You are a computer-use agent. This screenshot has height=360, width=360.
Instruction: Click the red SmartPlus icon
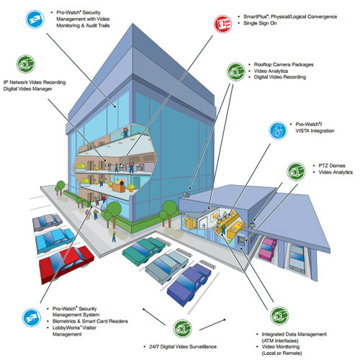click(x=222, y=24)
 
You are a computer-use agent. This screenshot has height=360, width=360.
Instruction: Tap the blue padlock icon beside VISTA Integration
click(x=278, y=130)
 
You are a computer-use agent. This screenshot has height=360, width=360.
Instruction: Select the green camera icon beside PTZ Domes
click(x=296, y=171)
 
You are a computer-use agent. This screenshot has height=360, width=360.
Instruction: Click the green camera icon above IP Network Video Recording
click(x=26, y=64)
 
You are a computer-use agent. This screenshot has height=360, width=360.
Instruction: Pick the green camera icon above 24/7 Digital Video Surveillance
click(x=182, y=328)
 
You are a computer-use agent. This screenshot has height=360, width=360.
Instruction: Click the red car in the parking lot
click(x=66, y=264)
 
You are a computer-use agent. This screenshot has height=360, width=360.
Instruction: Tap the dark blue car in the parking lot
click(x=189, y=284)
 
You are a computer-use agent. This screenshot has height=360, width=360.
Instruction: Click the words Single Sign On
click(x=260, y=23)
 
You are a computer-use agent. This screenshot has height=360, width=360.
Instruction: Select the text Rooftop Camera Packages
click(x=284, y=65)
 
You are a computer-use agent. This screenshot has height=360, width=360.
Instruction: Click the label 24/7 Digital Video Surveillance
click(x=183, y=346)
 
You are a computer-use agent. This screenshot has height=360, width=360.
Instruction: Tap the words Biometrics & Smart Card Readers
click(x=90, y=321)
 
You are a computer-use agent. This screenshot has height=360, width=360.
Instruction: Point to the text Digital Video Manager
click(x=27, y=89)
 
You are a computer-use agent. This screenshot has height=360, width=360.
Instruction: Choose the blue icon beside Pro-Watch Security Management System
click(x=32, y=318)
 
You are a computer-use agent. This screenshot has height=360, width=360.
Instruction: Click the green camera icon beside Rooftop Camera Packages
click(x=236, y=72)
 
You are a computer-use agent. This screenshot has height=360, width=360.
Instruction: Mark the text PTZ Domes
click(x=332, y=166)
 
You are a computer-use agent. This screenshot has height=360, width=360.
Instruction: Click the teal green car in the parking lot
click(x=143, y=251)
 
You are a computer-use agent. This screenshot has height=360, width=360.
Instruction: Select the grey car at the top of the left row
click(x=48, y=222)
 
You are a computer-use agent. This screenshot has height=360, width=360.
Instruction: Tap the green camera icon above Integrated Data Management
click(x=279, y=316)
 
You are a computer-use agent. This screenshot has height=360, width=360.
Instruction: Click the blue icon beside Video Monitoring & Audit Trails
click(x=35, y=19)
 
